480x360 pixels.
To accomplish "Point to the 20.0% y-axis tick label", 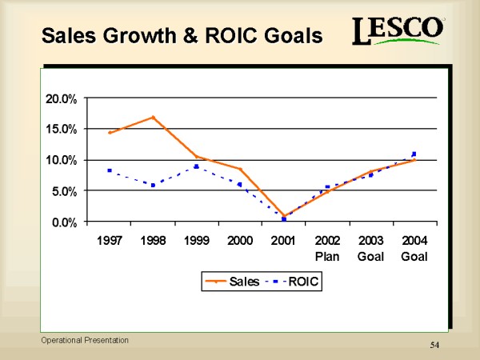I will tap(61, 98).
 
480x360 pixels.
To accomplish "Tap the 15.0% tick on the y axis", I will tap(61, 129).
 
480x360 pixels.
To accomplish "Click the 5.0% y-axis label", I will tap(64, 191).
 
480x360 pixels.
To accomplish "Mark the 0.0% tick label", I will tap(64, 222).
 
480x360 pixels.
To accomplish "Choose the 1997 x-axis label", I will tap(110, 241).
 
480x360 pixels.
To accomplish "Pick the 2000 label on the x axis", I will tap(240, 241).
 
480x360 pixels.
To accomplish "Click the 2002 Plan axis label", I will tap(327, 248).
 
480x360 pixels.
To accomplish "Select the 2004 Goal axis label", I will tap(414, 248).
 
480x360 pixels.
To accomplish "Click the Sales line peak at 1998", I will tap(153, 118).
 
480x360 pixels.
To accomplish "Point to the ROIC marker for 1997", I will tap(109, 170).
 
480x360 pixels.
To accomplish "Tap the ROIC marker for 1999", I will tap(196, 166).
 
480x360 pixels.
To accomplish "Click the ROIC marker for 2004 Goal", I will tap(414, 154).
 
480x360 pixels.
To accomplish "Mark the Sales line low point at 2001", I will tap(284, 216).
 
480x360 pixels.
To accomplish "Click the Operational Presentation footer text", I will tap(86, 340).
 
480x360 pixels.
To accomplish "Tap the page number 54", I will tap(435, 344).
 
